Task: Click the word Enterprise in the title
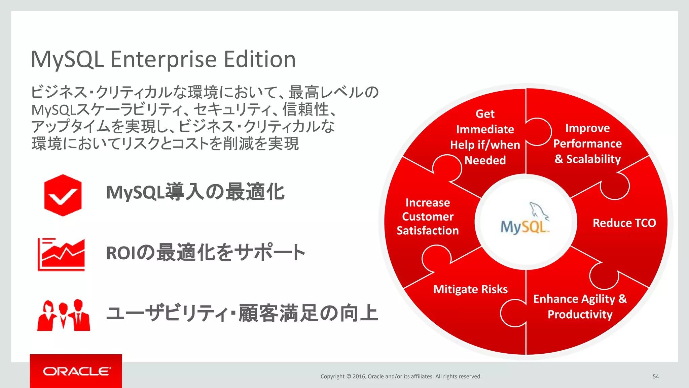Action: (164, 60)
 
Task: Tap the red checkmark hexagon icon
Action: (63, 195)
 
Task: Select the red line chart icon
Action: (61, 254)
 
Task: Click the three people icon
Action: (64, 315)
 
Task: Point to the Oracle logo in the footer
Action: (76, 371)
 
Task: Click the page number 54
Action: (655, 377)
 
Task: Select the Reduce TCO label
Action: (624, 223)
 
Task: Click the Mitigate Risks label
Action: (470, 289)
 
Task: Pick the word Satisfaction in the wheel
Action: (428, 231)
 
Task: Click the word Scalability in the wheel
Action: (593, 159)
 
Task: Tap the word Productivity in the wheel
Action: (580, 315)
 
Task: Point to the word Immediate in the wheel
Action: (485, 129)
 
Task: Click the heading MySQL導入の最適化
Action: (195, 192)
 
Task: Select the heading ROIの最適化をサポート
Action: (206, 253)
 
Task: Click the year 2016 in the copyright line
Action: (359, 377)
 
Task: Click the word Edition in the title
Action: (260, 60)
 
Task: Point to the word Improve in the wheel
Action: (587, 128)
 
